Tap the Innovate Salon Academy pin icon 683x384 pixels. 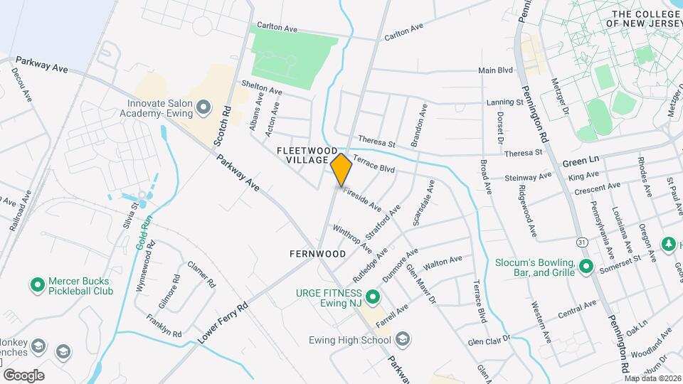[203, 108]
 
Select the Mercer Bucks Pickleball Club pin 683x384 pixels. [38, 286]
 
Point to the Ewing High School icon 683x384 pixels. [403, 338]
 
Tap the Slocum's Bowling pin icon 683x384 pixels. [586, 267]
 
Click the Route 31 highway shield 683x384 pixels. [582, 242]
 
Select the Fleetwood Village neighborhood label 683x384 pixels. [307, 155]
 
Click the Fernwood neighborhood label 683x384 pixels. [317, 254]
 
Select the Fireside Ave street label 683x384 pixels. [363, 198]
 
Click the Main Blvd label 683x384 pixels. [495, 70]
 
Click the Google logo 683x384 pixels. [23, 375]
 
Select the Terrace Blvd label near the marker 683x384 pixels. [374, 164]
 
